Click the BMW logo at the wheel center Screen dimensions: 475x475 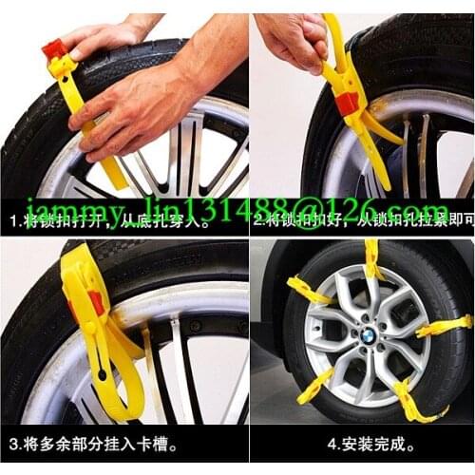[366, 334]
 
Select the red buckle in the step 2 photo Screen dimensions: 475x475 [347, 102]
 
